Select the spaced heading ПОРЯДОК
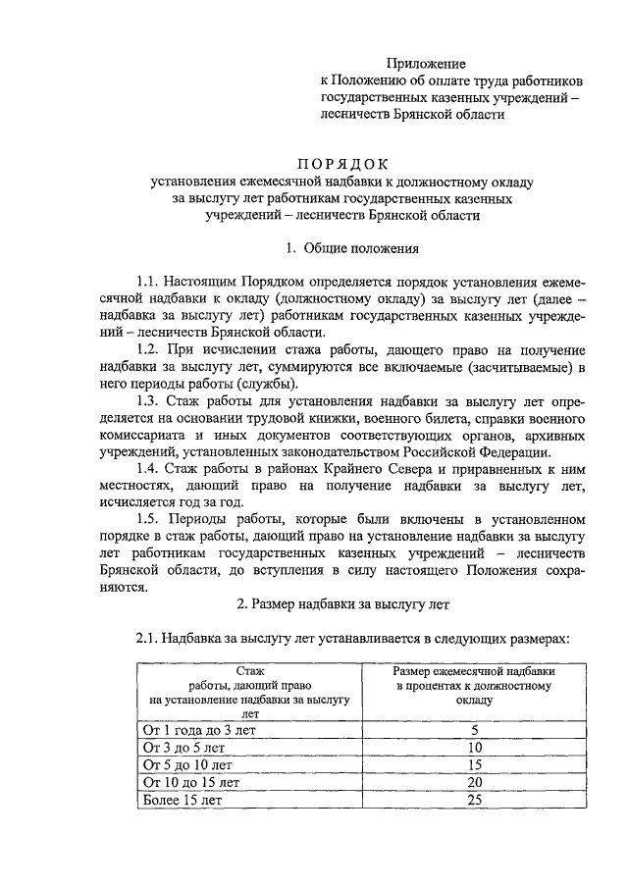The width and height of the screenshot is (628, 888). pyautogui.click(x=343, y=164)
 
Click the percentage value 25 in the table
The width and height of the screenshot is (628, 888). pyautogui.click(x=475, y=801)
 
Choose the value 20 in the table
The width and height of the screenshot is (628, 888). pyautogui.click(x=475, y=783)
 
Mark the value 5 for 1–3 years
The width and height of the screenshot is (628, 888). pyautogui.click(x=475, y=730)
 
